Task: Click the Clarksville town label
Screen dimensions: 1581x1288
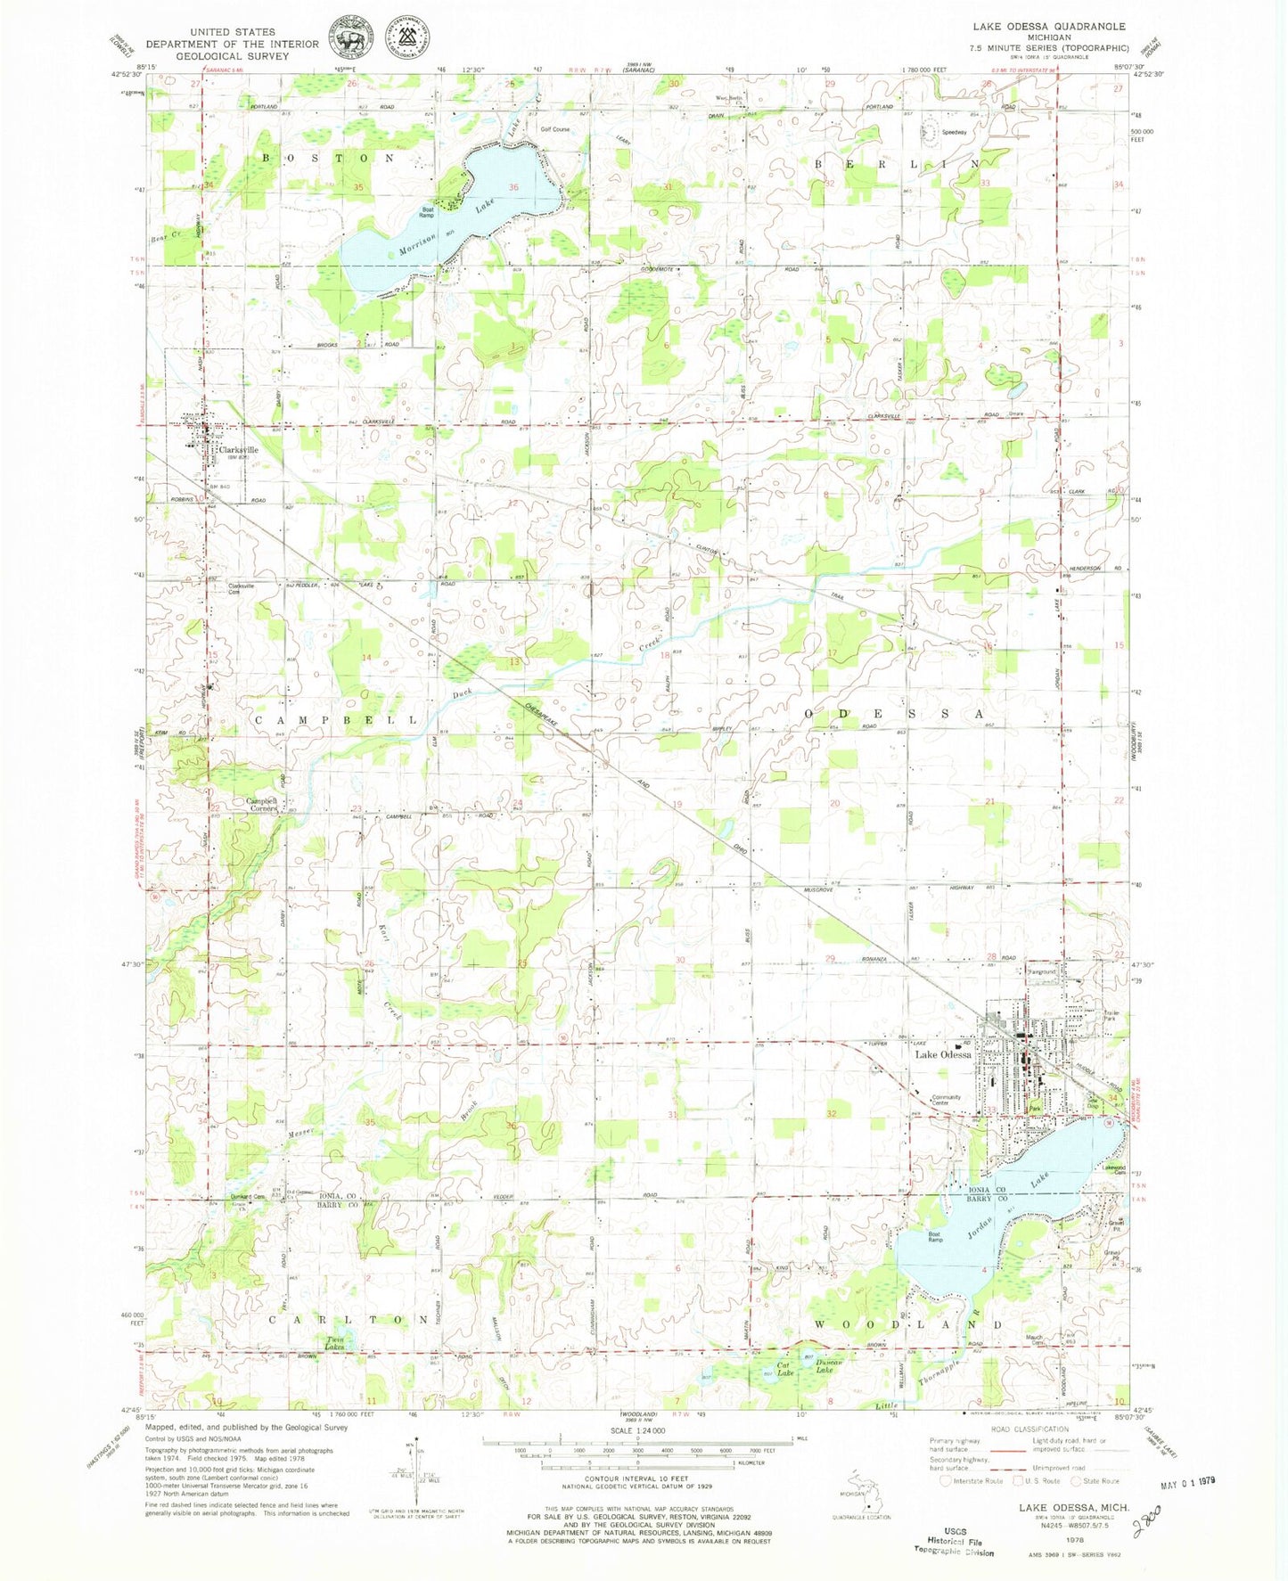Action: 237,450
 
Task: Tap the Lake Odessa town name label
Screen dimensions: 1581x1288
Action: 943,1054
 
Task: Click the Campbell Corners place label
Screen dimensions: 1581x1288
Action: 262,805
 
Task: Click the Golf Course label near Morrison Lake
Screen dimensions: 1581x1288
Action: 554,129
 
